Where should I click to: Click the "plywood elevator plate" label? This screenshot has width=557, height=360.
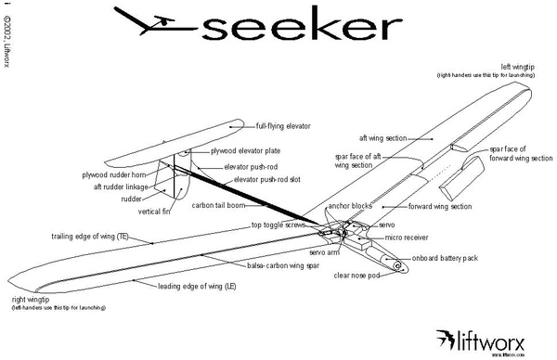click(x=243, y=149)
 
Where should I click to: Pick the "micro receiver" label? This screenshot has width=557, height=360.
click(x=405, y=237)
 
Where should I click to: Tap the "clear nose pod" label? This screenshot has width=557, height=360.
click(x=357, y=275)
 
